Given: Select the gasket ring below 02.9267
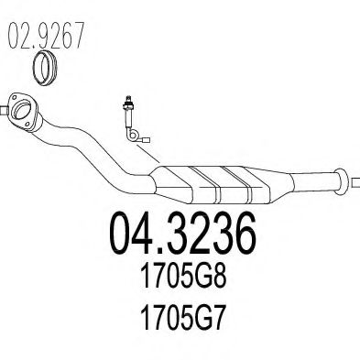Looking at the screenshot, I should click(x=46, y=68).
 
